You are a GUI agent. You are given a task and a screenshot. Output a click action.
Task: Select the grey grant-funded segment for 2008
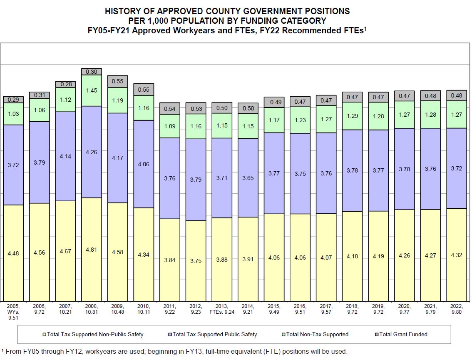click(92, 72)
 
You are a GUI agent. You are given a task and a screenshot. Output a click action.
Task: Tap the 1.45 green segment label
click(92, 90)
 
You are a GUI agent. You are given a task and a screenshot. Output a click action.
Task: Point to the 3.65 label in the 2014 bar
click(248, 178)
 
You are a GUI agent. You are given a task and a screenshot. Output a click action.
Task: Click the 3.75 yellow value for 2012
click(196, 261)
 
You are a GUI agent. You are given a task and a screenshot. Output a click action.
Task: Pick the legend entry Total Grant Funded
click(403, 334)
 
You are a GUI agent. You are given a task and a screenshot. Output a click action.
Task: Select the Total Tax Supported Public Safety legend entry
click(214, 334)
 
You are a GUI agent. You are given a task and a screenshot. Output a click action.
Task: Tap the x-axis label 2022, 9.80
click(457, 308)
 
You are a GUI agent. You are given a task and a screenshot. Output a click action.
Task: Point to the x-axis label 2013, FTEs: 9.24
click(222, 308)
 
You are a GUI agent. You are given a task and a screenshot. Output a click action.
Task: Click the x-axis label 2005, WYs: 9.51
click(14, 311)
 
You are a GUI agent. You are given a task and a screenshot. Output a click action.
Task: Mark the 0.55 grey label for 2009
click(118, 81)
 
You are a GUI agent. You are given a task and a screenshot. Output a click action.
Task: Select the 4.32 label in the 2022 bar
click(457, 255)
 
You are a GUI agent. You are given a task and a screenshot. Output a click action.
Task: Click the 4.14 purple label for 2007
click(65, 156)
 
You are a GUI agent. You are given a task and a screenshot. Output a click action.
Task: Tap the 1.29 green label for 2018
click(352, 116)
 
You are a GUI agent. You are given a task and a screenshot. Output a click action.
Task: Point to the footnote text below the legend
click(174, 351)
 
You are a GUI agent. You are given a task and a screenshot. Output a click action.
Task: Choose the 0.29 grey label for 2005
click(13, 100)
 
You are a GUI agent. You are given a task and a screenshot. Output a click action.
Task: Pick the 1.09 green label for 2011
click(169, 126)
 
